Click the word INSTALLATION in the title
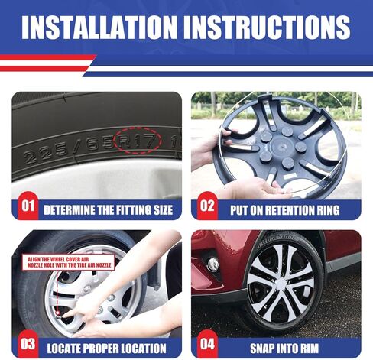99,28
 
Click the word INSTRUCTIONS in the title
267,28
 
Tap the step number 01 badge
28,206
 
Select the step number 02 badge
207,206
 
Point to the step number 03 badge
28,344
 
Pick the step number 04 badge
207,344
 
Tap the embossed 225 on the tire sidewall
45,154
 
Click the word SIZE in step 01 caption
164,210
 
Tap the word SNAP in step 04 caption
261,349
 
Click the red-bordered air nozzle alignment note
68,262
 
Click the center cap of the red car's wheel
281,284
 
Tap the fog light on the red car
212,264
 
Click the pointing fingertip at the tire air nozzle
64,316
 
